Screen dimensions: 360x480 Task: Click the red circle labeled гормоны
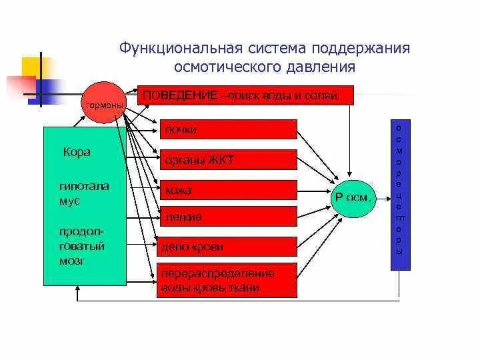coord(103,105)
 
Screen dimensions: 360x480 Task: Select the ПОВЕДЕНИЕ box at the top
coord(244,96)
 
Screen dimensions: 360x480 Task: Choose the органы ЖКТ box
coord(227,160)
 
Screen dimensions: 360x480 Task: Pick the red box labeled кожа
coord(227,190)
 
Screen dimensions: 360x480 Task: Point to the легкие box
coord(227,216)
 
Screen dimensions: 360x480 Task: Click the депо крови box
coord(227,246)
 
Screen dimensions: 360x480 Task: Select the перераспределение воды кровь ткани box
coord(227,281)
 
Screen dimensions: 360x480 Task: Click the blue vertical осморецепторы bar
coord(399,195)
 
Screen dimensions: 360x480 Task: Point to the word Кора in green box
coord(77,152)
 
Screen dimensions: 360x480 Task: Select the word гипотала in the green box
coord(83,186)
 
